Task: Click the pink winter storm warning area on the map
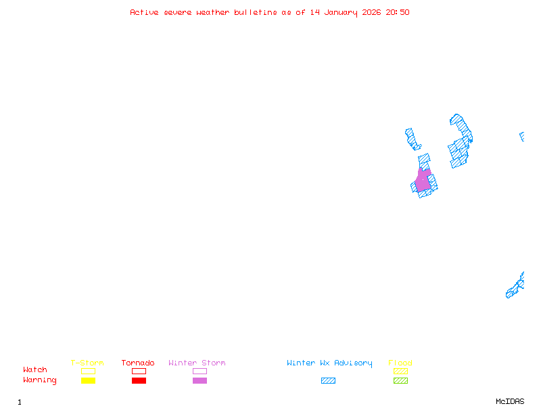(x=423, y=181)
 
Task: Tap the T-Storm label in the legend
(x=87, y=363)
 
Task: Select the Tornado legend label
(x=138, y=363)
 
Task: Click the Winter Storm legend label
(x=197, y=363)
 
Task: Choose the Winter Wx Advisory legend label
(x=329, y=363)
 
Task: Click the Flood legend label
(x=400, y=363)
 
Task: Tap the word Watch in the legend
(x=35, y=370)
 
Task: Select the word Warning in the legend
(x=40, y=380)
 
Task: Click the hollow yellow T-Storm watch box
(x=88, y=371)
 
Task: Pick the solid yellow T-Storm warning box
(x=88, y=381)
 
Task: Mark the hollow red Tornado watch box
(x=139, y=371)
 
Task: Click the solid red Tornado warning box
(x=139, y=381)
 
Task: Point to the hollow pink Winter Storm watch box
(x=199, y=371)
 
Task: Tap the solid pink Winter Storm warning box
(x=199, y=381)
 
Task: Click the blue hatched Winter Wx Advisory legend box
(x=328, y=381)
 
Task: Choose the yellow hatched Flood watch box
(x=400, y=371)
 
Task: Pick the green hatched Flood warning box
(x=400, y=381)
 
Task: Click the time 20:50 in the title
(x=398, y=12)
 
